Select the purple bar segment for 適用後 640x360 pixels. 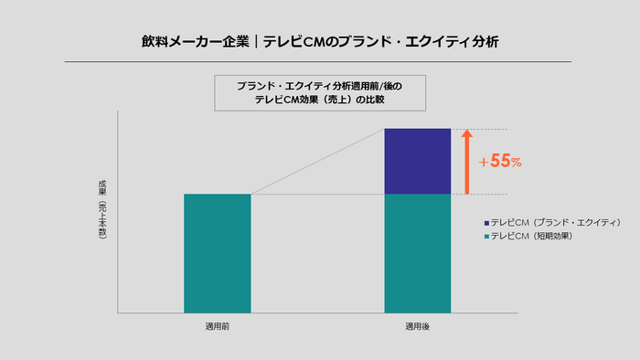[418, 161]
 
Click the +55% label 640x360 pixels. [500, 162]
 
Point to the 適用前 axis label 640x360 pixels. [217, 326]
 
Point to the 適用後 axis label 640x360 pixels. [418, 326]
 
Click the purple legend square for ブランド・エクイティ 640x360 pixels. [486, 223]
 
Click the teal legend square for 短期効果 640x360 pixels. [486, 236]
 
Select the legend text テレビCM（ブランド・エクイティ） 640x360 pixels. [556, 223]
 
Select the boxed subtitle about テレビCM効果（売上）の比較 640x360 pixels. [319, 92]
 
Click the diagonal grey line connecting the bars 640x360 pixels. [317, 162]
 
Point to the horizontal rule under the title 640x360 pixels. [319, 61]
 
